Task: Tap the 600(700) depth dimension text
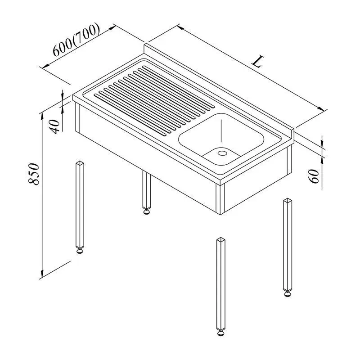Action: click(x=76, y=40)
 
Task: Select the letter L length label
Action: click(x=257, y=62)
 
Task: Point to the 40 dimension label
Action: click(x=55, y=126)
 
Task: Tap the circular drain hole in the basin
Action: click(x=222, y=153)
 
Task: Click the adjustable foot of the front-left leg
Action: click(x=80, y=250)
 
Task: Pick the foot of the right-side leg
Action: click(x=288, y=293)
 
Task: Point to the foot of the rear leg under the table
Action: click(x=147, y=211)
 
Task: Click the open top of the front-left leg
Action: click(x=80, y=163)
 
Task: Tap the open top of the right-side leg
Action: click(x=288, y=200)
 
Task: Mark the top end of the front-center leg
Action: click(x=221, y=239)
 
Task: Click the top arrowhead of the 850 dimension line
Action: click(x=42, y=116)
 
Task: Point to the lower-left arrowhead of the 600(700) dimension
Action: click(x=46, y=66)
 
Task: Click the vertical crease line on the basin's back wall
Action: click(x=221, y=130)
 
